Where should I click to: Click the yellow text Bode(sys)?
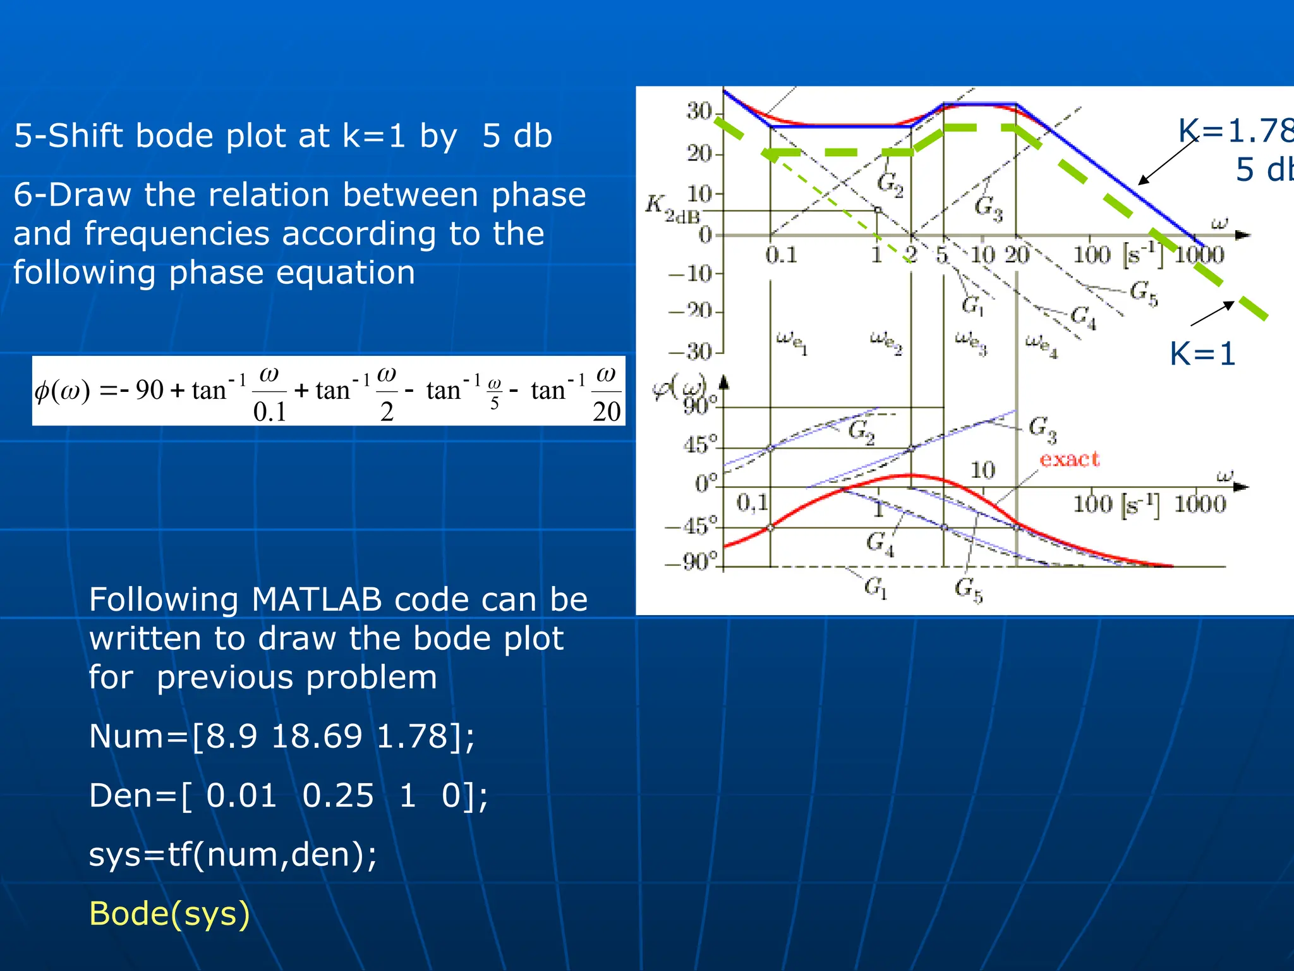169,914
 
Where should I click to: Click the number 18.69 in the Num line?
317,736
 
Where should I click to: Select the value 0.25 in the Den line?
338,795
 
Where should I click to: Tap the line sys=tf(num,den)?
233,855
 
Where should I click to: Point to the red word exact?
1069,459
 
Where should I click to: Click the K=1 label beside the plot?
1202,354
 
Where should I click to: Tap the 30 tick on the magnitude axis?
699,111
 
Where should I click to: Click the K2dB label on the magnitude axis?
672,209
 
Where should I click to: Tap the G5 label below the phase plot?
968,589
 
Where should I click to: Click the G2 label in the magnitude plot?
890,184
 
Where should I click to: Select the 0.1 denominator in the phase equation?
269,412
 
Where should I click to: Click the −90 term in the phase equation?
143,390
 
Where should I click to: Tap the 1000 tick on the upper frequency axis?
1199,255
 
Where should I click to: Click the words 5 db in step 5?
517,136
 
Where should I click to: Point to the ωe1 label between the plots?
792,342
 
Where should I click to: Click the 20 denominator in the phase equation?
606,412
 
